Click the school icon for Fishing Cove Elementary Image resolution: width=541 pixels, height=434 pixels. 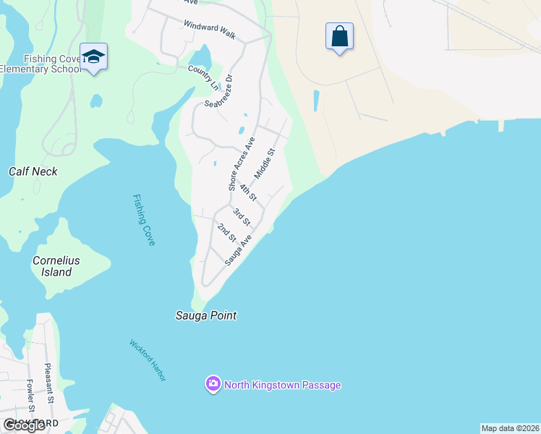coord(93,56)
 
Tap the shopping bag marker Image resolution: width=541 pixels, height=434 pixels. coord(339,35)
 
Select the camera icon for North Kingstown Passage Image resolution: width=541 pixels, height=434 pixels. coord(213,384)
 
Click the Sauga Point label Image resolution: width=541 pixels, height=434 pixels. coord(206,315)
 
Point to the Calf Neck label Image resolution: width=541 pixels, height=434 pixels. coord(33,171)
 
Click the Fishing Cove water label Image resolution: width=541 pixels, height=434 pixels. coord(143,220)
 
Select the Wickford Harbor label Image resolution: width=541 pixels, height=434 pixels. coord(148,360)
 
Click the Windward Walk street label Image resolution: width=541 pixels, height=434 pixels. coord(210,29)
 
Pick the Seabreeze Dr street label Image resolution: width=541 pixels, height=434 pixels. coord(218,90)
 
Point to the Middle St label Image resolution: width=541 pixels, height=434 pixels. coord(265,164)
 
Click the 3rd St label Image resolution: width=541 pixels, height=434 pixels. coord(241,216)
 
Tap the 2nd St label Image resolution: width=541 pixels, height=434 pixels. coord(226,232)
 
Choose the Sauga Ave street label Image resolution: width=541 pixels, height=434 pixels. coord(238,250)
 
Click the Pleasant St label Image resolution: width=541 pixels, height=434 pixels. coord(48,383)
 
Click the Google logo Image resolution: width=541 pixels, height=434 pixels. coord(24,425)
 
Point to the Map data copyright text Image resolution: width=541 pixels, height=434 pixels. coord(510,428)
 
